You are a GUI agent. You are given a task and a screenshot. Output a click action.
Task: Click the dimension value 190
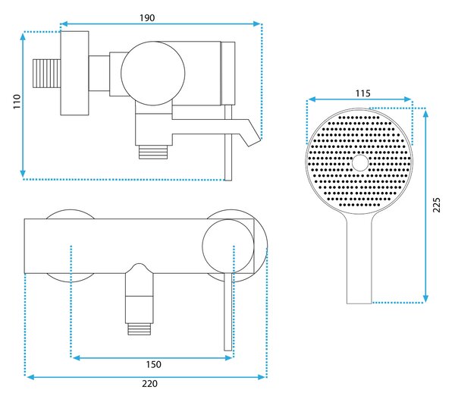coord(147,18)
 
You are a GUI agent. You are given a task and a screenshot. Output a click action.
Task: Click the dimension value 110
coord(17,102)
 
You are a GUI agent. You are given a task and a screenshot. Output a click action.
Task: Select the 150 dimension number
coord(153,364)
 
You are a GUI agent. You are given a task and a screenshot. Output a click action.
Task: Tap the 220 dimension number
coord(149,384)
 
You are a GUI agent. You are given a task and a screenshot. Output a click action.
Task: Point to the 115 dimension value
coord(363,93)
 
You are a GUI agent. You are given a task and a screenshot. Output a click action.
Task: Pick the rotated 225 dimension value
coord(437,205)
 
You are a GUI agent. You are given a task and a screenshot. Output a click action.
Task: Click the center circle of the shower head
coord(360,162)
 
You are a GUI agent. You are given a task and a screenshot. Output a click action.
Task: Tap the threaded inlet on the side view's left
coord(47,74)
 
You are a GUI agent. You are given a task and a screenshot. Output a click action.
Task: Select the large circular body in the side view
coord(152,73)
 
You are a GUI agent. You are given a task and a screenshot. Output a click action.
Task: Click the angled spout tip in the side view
coord(254,138)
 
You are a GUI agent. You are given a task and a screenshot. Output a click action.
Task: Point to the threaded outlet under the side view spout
coord(153,152)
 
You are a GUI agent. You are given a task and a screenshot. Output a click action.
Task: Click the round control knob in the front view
coord(228,247)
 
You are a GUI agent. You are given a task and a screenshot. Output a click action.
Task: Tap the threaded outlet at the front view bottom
coord(140,329)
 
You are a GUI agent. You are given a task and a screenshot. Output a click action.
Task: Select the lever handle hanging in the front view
coord(228,312)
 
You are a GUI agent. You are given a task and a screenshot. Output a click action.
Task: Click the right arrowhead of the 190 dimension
coord(257,24)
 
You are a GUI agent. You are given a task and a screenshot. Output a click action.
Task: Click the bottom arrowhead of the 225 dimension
coord(425,298)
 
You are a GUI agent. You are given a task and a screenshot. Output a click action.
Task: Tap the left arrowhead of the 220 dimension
coord(30,377)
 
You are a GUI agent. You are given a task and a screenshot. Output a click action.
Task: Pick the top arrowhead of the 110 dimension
coord(23,37)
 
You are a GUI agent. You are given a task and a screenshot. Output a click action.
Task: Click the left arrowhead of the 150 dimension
coord(76,358)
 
